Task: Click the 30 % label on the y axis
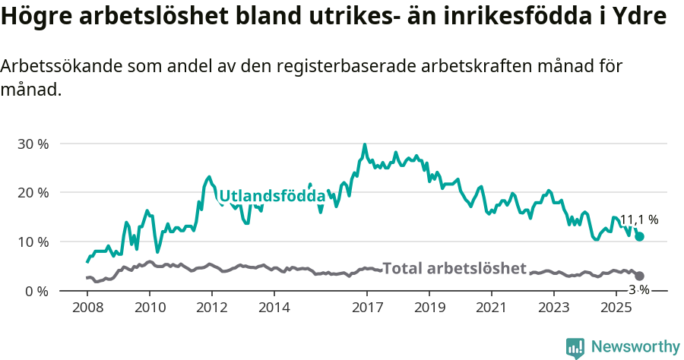point(33,144)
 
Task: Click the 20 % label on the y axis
point(33,193)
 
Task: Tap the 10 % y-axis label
point(33,242)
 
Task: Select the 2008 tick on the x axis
point(87,308)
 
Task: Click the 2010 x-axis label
point(149,308)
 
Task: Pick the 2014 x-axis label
point(274,308)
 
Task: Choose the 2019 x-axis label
point(429,308)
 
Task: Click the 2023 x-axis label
point(553,308)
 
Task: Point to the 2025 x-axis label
point(616,308)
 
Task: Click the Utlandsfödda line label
point(272,196)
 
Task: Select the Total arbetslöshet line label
point(454,268)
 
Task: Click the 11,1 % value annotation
point(638,220)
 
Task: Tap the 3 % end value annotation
point(638,289)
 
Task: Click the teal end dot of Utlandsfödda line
point(640,236)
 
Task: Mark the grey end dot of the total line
point(640,276)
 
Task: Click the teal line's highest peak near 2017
point(365,144)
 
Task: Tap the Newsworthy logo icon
point(575,348)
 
